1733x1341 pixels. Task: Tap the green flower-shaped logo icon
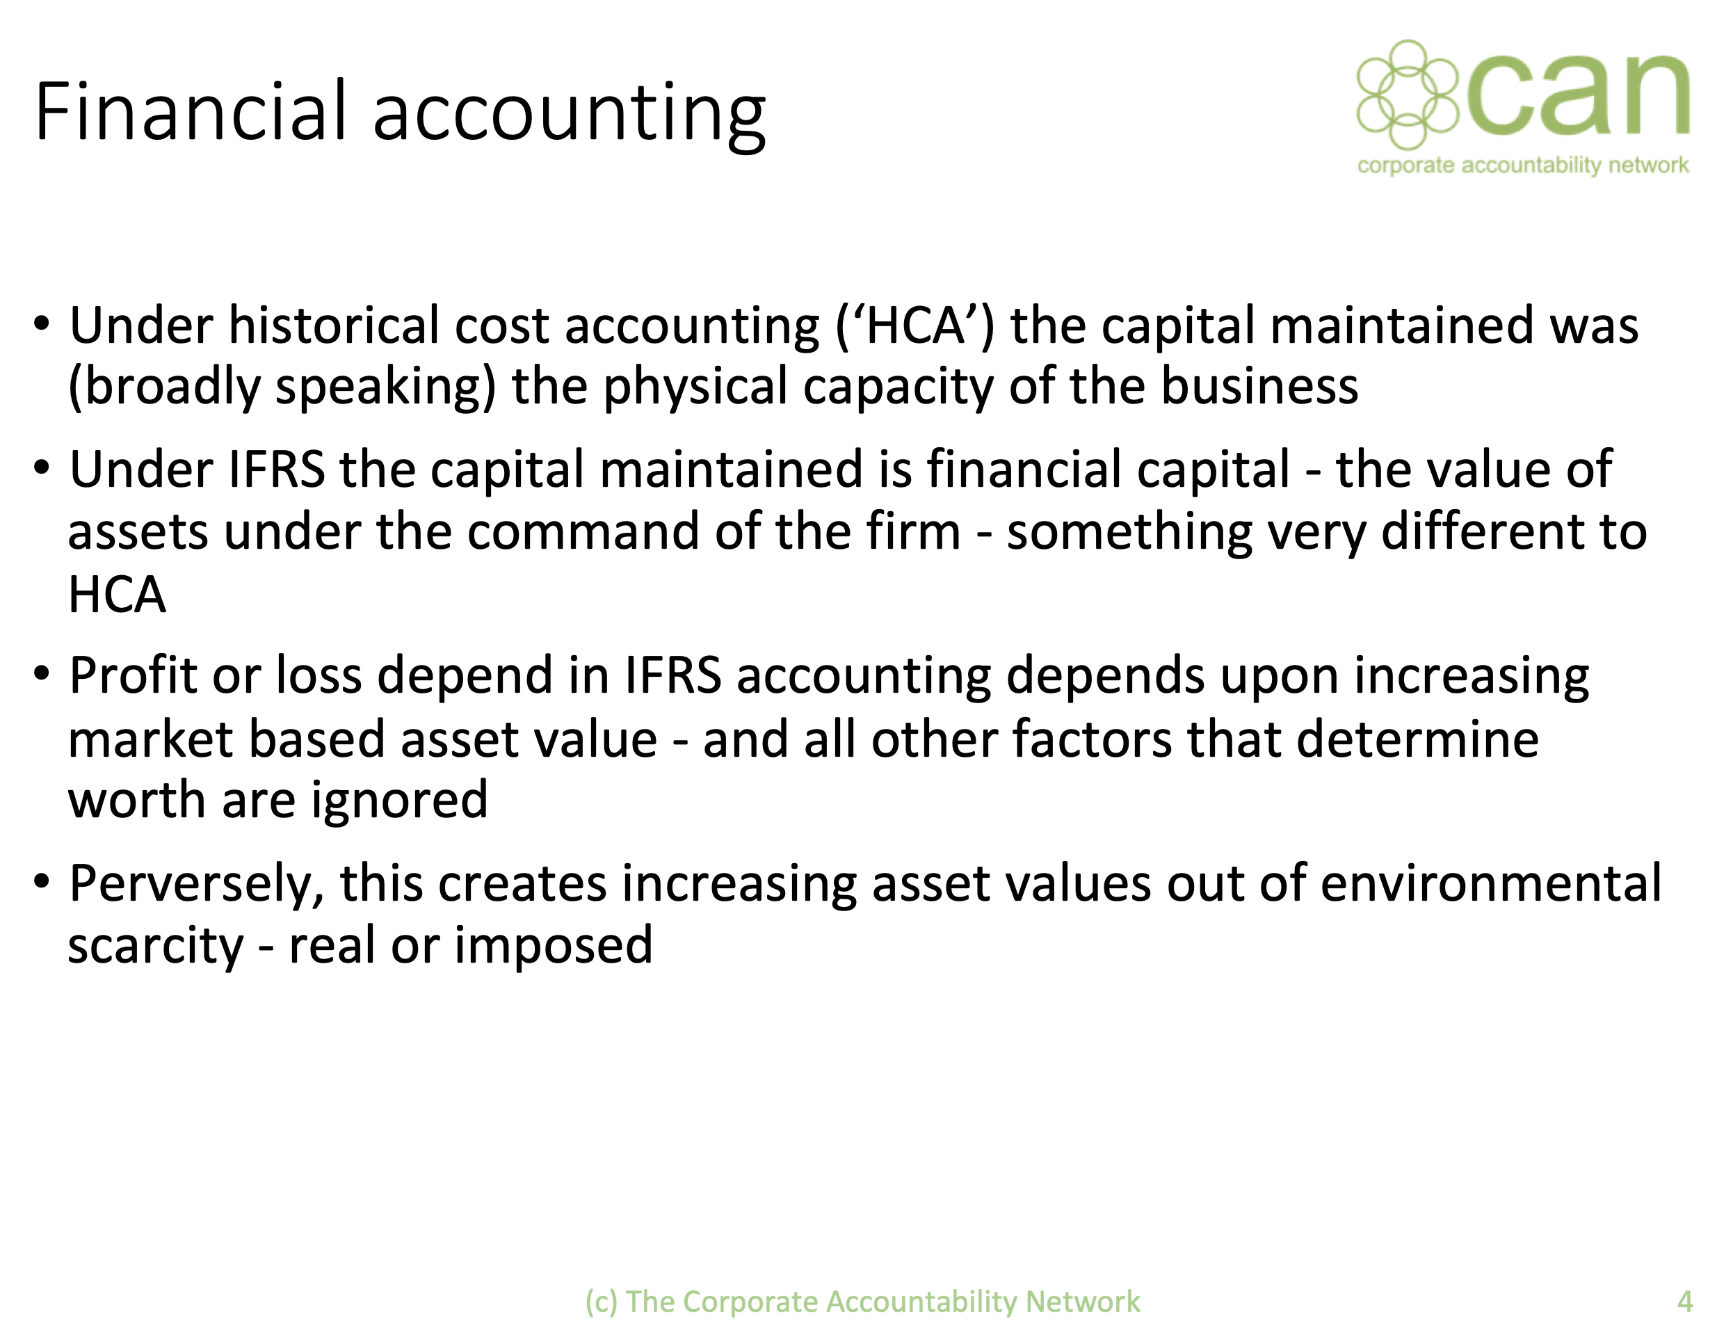coord(1407,95)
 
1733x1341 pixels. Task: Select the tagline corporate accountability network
coord(1523,166)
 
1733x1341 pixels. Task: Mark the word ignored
coord(399,801)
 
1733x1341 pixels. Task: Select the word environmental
coord(1491,883)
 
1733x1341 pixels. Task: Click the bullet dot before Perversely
coord(42,881)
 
